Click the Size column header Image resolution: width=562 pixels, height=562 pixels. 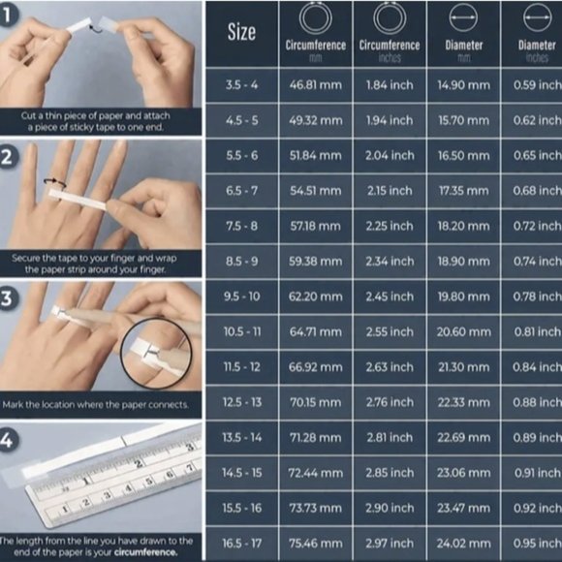click(x=241, y=32)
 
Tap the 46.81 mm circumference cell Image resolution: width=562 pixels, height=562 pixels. click(x=316, y=86)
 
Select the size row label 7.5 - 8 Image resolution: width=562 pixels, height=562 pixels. click(x=241, y=226)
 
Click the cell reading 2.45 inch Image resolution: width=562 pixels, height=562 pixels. click(x=389, y=296)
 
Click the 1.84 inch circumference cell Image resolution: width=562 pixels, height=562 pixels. click(x=389, y=86)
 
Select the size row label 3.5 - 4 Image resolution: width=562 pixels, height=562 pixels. click(x=241, y=86)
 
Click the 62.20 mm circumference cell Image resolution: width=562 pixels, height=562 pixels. click(x=316, y=296)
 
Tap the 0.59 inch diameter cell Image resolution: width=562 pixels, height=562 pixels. click(x=536, y=86)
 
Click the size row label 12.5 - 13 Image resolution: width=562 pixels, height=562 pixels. click(x=241, y=401)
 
